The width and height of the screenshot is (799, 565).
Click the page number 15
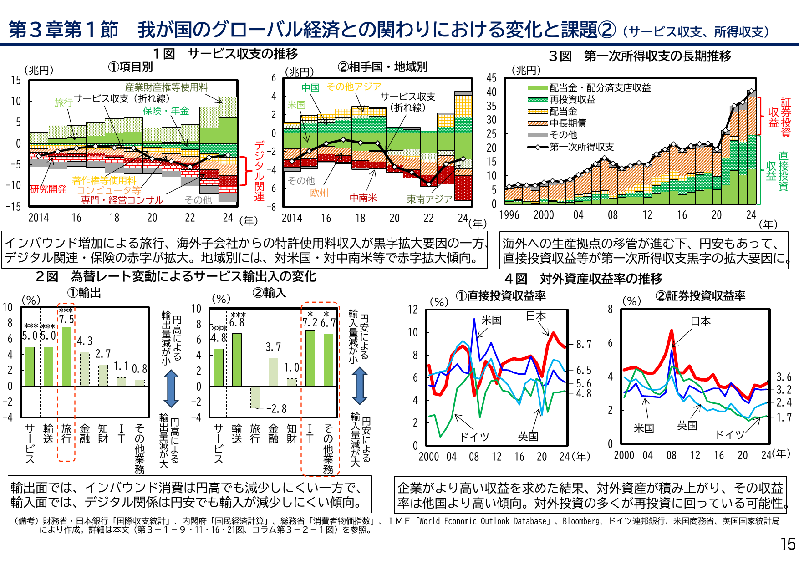click(x=788, y=544)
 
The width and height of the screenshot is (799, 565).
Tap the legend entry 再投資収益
click(x=572, y=99)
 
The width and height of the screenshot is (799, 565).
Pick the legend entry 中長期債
click(x=568, y=123)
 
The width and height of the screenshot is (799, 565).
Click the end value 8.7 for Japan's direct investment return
click(x=584, y=345)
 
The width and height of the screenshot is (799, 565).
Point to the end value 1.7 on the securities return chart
click(x=784, y=417)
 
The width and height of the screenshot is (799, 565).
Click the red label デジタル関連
click(x=259, y=171)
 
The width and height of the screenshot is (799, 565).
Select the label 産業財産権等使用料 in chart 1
click(x=166, y=87)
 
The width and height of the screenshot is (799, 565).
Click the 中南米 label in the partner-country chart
click(x=363, y=198)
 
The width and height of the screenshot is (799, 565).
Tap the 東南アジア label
click(x=429, y=199)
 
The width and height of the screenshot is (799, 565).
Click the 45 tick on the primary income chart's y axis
click(x=491, y=78)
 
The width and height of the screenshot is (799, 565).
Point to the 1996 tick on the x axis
click(x=509, y=215)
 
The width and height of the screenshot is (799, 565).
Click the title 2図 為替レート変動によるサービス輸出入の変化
click(x=176, y=276)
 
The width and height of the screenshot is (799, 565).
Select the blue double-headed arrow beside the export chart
click(x=171, y=388)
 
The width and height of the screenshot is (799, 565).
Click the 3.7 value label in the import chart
click(x=273, y=347)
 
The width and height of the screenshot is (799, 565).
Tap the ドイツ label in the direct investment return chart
click(x=474, y=437)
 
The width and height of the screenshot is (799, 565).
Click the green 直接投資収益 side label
click(x=777, y=171)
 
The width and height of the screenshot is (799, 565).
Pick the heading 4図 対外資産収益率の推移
click(x=583, y=278)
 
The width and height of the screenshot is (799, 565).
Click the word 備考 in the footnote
click(x=25, y=521)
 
